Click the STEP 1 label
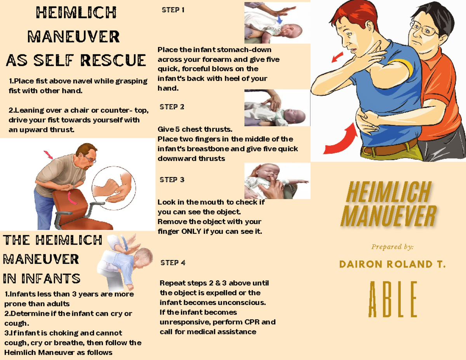(173, 10)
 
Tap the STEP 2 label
(172, 107)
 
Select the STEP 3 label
(172, 180)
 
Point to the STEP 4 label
(173, 263)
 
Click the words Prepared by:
(392, 247)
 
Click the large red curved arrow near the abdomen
(342, 142)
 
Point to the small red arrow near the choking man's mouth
(337, 58)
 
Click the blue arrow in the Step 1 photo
(280, 18)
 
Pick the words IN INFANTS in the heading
(42, 278)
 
